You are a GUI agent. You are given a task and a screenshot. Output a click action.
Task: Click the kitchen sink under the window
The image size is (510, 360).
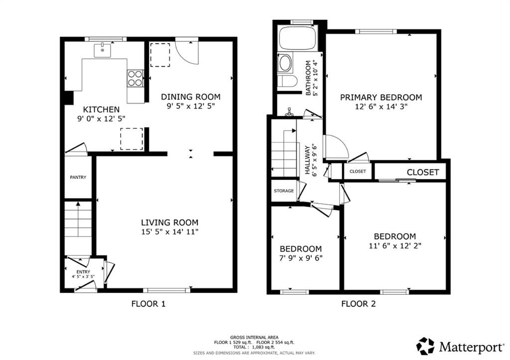click(103, 50)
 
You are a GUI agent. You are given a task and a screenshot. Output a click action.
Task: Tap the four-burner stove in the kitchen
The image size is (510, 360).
click(135, 79)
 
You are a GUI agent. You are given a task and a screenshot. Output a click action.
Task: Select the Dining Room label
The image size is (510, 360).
click(190, 97)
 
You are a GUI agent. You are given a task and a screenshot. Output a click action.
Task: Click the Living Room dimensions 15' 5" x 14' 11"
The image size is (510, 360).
click(169, 232)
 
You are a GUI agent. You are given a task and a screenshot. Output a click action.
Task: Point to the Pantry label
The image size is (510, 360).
click(78, 177)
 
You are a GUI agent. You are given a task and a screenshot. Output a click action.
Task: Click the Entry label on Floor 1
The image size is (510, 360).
click(83, 271)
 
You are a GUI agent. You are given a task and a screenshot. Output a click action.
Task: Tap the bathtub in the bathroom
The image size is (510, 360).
click(297, 38)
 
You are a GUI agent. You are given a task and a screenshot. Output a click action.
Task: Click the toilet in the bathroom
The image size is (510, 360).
click(287, 81)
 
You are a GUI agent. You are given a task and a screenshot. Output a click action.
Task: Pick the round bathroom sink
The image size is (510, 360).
click(285, 63)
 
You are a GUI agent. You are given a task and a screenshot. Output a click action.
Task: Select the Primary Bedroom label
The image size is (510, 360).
click(381, 98)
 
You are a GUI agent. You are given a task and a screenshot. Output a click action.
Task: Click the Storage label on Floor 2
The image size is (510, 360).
click(283, 191)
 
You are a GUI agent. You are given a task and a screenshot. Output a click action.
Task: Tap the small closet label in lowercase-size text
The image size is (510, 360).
click(358, 171)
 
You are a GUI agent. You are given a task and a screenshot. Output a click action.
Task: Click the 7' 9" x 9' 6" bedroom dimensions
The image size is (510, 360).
click(300, 258)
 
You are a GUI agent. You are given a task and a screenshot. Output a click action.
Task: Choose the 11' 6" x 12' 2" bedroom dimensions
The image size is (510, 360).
click(394, 245)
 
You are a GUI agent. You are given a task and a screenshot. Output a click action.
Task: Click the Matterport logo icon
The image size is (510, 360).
click(425, 346)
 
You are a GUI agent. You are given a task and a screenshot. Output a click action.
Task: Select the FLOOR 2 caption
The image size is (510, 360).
click(358, 303)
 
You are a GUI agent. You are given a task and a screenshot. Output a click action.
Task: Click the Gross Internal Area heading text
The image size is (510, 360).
click(254, 337)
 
